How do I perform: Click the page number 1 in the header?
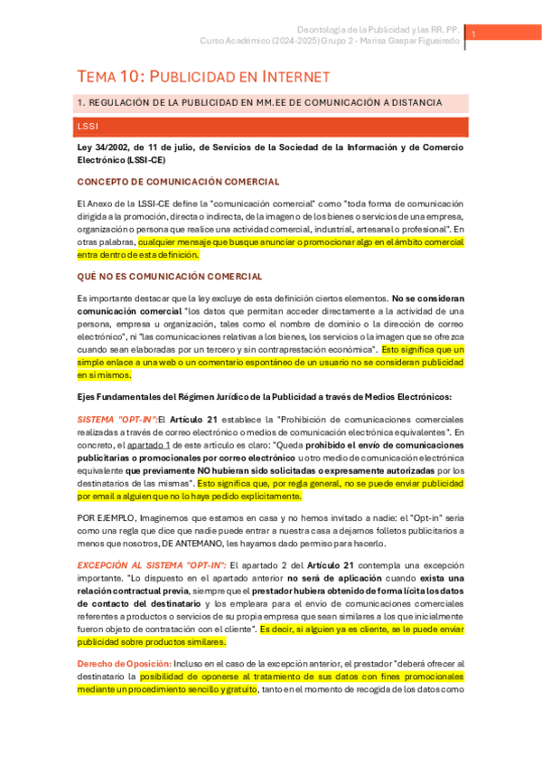click(x=473, y=33)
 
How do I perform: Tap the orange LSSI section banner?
click(x=271, y=127)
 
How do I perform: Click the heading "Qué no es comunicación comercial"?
click(x=170, y=276)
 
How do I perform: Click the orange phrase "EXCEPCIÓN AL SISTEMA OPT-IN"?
click(x=149, y=564)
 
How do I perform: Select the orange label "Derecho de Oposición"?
click(x=122, y=663)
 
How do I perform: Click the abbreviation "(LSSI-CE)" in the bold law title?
click(x=145, y=160)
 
